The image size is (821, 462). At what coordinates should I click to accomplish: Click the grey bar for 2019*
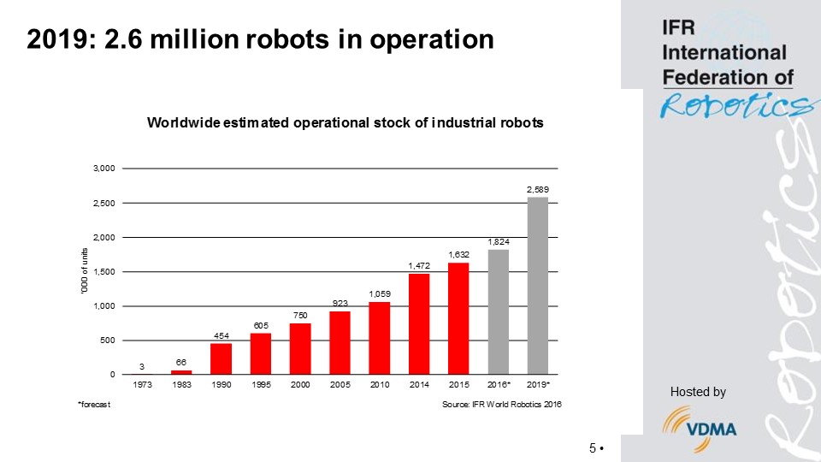(x=538, y=286)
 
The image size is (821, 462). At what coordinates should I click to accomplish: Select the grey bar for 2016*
(x=499, y=311)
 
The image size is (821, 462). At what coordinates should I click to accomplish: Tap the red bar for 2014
(x=419, y=323)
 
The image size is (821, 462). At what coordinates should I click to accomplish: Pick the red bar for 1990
(x=221, y=358)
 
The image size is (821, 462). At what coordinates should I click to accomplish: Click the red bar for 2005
(x=340, y=342)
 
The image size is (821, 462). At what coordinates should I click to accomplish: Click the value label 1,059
(x=380, y=293)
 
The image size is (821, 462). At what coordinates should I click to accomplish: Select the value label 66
(x=182, y=362)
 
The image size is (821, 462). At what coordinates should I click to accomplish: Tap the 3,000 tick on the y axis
(x=103, y=169)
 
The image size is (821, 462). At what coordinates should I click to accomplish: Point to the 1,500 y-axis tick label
(x=103, y=271)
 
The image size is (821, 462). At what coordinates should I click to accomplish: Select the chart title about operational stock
(x=346, y=122)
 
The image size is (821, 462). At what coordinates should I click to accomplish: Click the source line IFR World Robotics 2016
(x=501, y=404)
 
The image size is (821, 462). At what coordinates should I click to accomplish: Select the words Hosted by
(x=698, y=392)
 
